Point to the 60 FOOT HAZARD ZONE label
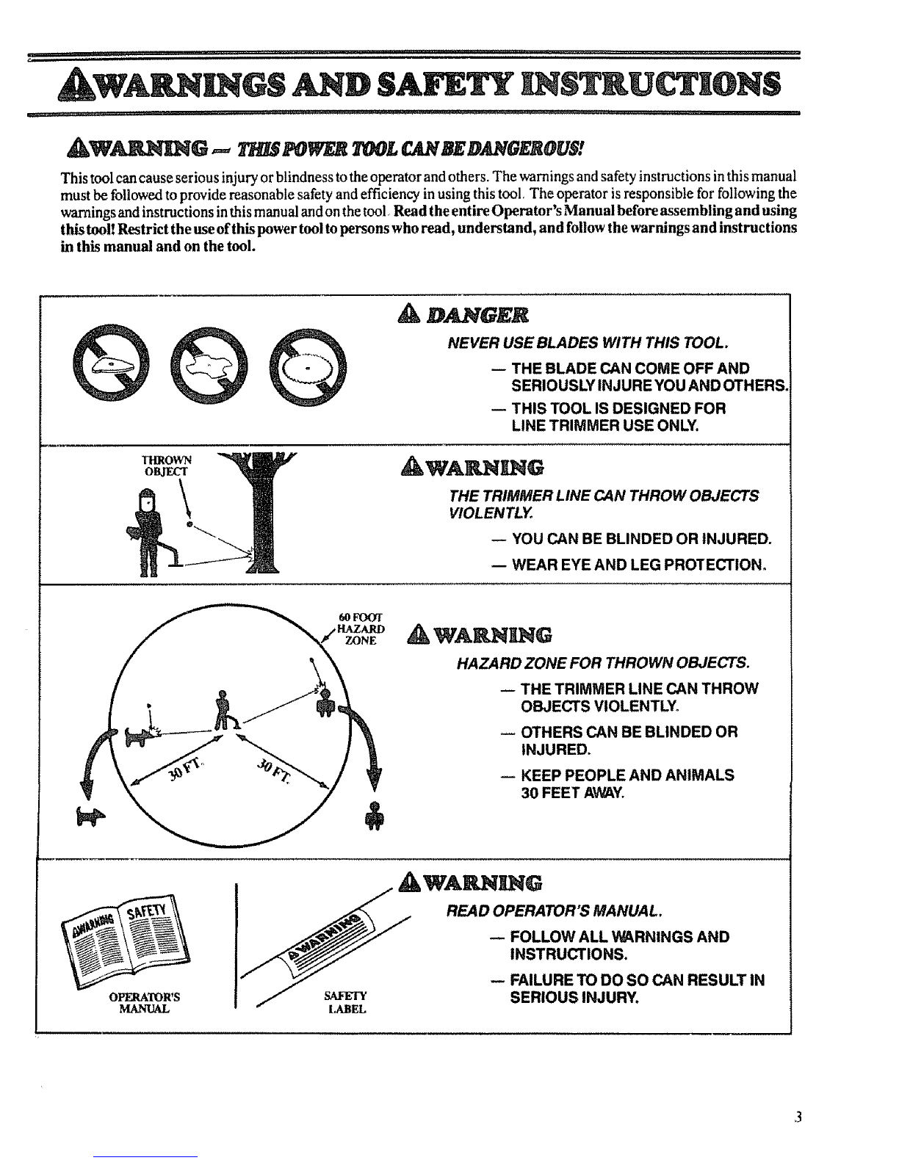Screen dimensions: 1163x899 tap(358, 628)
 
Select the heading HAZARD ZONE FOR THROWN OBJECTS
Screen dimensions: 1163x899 tap(603, 663)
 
